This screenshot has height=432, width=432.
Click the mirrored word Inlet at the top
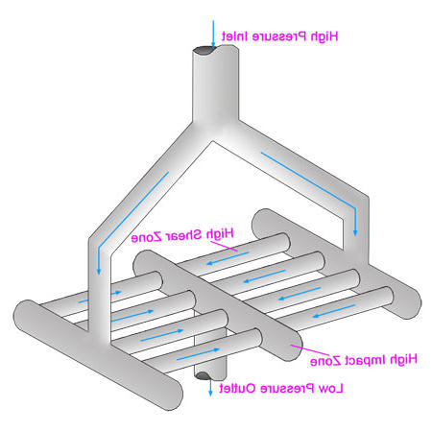pyautogui.click(x=235, y=36)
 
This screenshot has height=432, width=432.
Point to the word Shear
pyautogui.click(x=183, y=235)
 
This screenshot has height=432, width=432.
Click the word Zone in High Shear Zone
pyautogui.click(x=146, y=237)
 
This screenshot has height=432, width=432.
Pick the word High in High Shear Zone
pyautogui.click(x=220, y=234)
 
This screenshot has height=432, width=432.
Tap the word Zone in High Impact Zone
pyautogui.click(x=325, y=361)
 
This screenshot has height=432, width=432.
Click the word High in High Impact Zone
pyautogui.click(x=403, y=360)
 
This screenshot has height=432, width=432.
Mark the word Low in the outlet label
pyautogui.click(x=331, y=389)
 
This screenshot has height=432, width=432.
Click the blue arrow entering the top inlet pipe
pyautogui.click(x=213, y=34)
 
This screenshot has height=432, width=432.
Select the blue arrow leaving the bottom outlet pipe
pyautogui.click(x=210, y=387)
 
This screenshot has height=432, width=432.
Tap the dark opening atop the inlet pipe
pyautogui.click(x=204, y=51)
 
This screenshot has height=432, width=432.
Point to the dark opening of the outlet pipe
pyautogui.click(x=203, y=375)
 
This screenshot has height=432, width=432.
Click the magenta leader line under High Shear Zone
pyautogui.click(x=224, y=246)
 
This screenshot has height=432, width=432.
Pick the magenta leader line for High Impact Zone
pyautogui.click(x=310, y=349)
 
